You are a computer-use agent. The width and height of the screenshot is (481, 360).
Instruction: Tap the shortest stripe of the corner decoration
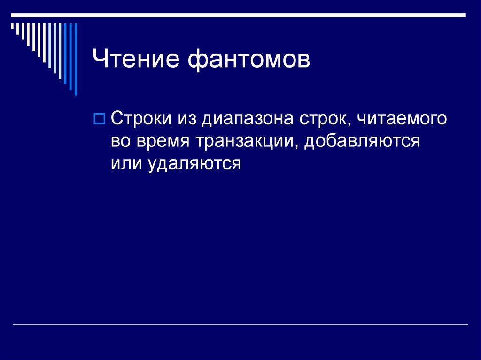[13, 27]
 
